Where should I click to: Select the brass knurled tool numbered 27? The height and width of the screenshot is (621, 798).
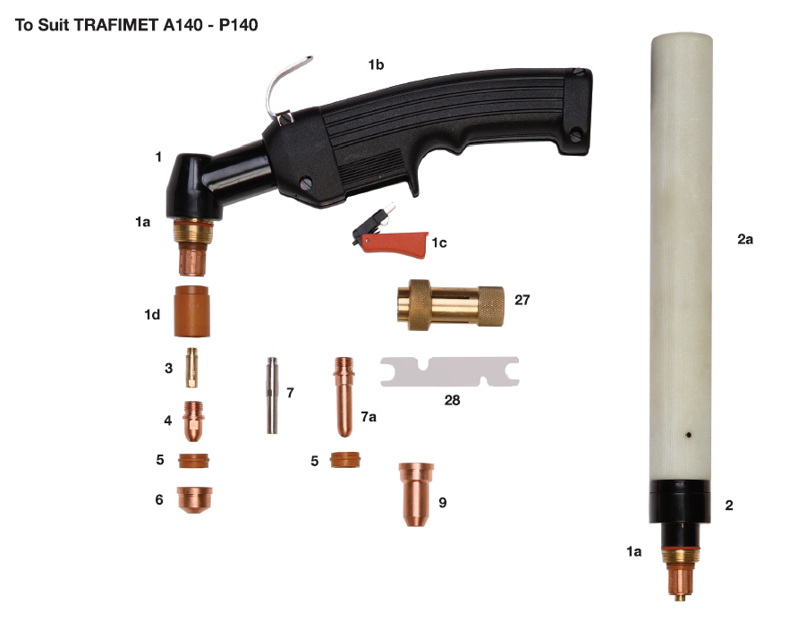click(450, 304)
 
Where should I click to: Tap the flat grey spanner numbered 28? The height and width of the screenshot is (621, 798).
click(450, 371)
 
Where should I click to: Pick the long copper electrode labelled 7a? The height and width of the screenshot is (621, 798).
click(344, 396)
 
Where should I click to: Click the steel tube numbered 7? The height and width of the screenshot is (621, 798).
click(272, 395)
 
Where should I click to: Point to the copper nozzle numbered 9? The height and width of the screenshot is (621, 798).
click(416, 494)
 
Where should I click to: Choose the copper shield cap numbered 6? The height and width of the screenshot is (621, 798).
click(194, 499)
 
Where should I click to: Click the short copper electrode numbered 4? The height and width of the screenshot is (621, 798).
click(193, 421)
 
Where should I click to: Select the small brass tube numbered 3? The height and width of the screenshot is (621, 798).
click(191, 368)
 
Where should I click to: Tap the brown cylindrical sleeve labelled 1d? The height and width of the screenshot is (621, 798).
click(191, 311)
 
